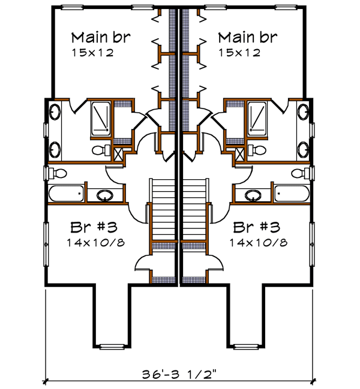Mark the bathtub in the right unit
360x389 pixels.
tap(293, 193)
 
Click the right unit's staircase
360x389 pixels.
tap(195, 210)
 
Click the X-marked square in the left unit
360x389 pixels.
tap(119, 153)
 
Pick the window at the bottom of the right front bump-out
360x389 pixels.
tap(245, 346)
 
